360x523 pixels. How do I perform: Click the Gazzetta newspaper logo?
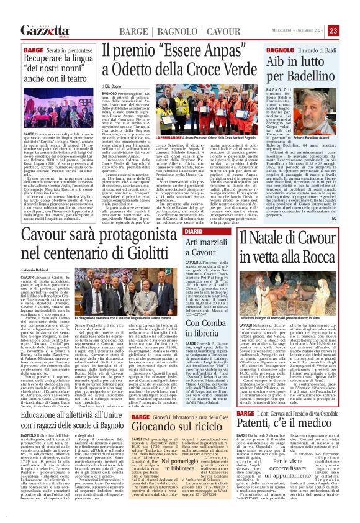43,30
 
